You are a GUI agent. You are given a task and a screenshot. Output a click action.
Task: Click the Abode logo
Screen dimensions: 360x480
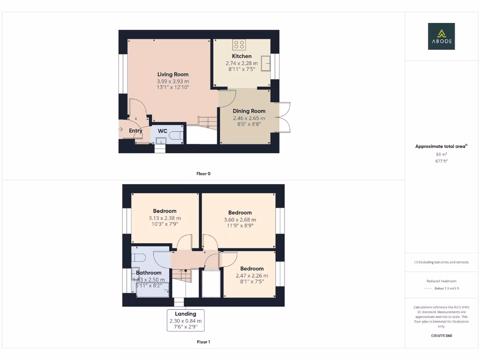(x=441, y=37)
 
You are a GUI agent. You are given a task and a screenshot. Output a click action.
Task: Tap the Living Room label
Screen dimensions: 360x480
(x=172, y=74)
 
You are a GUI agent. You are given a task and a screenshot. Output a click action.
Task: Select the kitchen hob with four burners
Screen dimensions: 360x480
(x=239, y=45)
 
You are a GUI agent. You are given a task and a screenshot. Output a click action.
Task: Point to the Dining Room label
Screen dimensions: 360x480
(x=249, y=111)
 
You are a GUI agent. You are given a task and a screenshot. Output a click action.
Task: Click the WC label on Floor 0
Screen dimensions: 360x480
(x=163, y=131)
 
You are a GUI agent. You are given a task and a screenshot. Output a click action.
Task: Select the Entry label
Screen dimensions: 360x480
(x=135, y=131)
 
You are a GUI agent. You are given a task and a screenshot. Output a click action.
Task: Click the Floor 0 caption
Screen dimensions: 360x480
(x=203, y=173)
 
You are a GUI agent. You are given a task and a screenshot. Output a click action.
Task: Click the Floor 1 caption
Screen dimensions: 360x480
(x=203, y=342)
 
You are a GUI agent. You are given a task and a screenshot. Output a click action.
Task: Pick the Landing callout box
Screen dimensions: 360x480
(x=186, y=321)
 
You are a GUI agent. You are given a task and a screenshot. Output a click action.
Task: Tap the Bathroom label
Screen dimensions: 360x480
(x=149, y=272)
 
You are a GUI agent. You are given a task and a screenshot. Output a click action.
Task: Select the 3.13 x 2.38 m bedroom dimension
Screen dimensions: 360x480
(x=165, y=218)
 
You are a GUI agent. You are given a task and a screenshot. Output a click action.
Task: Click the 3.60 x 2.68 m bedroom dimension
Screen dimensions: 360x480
(x=240, y=219)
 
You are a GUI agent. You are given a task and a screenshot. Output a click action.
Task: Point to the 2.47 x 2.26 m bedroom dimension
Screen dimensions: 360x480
(x=252, y=276)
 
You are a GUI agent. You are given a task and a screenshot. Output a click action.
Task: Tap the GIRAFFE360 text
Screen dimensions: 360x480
(x=441, y=336)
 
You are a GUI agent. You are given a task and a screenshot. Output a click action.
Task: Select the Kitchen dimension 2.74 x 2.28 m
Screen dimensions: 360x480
(x=241, y=63)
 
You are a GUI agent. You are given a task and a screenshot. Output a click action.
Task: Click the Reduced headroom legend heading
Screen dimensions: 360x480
(x=441, y=281)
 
